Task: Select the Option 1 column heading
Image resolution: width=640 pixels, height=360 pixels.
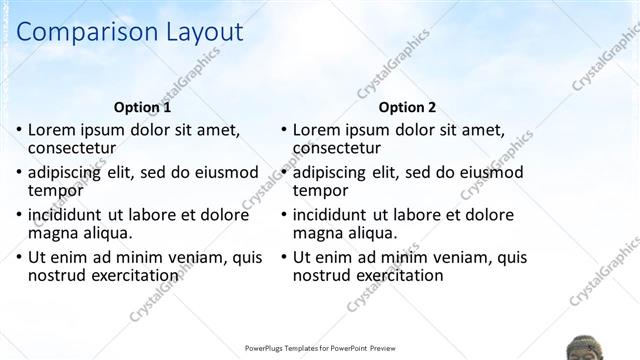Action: (x=142, y=107)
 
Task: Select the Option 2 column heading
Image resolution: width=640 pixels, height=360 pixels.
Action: (x=407, y=107)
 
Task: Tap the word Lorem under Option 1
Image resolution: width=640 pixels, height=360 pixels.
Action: (x=52, y=129)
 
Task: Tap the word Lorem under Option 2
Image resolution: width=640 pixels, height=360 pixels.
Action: (x=317, y=129)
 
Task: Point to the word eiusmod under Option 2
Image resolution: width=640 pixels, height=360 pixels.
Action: (x=487, y=172)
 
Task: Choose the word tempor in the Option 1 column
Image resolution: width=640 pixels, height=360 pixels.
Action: (x=55, y=190)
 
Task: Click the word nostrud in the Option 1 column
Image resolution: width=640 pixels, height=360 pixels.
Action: (x=58, y=275)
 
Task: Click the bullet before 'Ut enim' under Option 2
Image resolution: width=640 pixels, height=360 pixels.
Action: (x=284, y=258)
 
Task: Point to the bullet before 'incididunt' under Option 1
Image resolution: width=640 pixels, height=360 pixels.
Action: (x=19, y=215)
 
